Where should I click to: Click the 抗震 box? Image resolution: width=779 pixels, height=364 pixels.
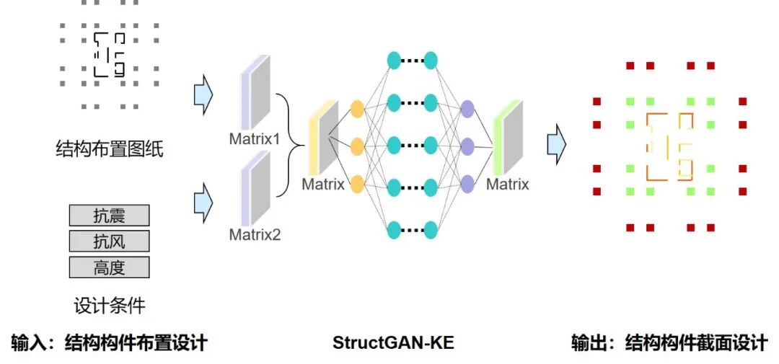click(x=109, y=215)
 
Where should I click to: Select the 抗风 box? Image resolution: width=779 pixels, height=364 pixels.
click(x=109, y=241)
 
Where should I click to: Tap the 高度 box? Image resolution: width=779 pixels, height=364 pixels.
click(x=109, y=267)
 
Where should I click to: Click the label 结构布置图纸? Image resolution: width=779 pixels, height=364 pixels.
click(x=110, y=150)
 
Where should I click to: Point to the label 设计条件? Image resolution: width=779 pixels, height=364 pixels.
click(x=110, y=306)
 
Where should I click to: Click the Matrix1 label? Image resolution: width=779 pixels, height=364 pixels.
click(x=255, y=138)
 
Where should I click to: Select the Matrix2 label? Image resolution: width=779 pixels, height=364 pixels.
click(x=255, y=234)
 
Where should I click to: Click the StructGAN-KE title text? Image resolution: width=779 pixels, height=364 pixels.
click(x=393, y=342)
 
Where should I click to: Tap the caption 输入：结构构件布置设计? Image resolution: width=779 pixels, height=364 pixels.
click(x=110, y=342)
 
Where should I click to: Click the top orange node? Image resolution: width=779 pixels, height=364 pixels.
click(x=356, y=110)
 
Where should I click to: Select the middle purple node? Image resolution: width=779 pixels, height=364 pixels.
click(x=467, y=144)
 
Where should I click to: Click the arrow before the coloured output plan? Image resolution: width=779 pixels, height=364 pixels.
click(x=555, y=144)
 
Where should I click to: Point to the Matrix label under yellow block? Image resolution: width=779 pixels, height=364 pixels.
click(x=323, y=184)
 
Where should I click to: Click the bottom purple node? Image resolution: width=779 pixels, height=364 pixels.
click(x=467, y=183)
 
